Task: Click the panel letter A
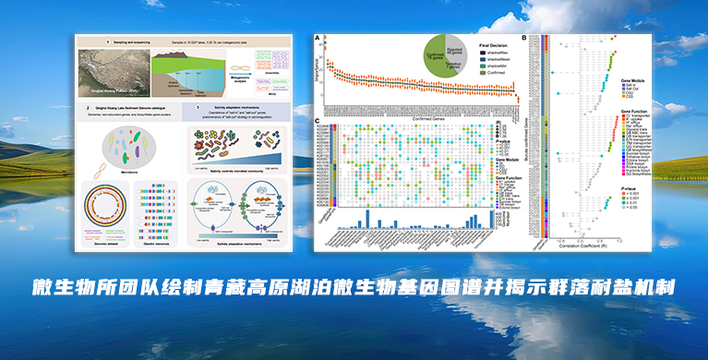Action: pos(318,38)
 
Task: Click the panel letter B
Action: pos(524,38)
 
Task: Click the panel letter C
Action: pos(318,122)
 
